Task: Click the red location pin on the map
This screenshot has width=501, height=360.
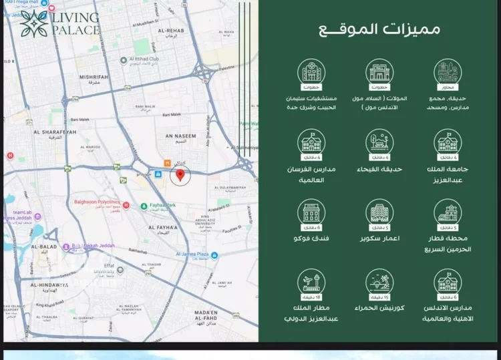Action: click(x=179, y=176)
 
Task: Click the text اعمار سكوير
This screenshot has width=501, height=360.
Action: click(x=378, y=238)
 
